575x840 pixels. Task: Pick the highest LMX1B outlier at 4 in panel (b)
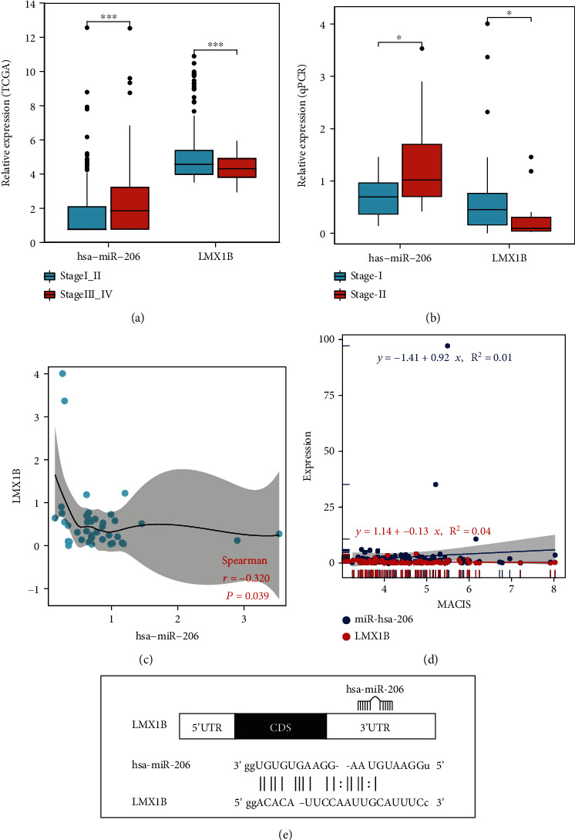[x=487, y=24]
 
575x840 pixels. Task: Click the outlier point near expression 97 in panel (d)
[x=447, y=346]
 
